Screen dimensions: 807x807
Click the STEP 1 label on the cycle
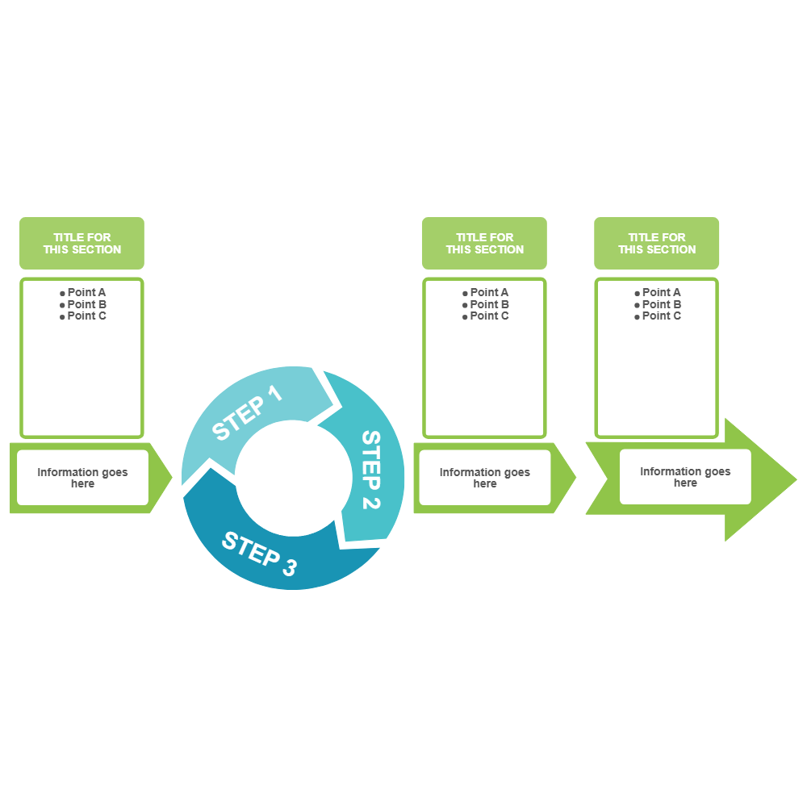(248, 413)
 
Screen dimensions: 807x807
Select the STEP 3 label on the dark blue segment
(259, 554)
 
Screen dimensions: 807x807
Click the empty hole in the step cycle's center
(288, 476)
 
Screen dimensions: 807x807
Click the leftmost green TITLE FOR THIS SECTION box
(82, 243)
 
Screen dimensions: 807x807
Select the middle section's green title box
(484, 243)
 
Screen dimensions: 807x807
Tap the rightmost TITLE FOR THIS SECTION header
(657, 243)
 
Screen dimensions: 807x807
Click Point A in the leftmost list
(86, 292)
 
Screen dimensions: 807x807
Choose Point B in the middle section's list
(489, 304)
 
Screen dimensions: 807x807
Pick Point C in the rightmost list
(661, 316)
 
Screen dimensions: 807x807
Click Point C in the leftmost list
(86, 316)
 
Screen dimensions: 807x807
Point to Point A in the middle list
(489, 292)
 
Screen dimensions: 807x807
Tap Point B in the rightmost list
(661, 304)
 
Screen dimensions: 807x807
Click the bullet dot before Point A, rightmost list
(638, 293)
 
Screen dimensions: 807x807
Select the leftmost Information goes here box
(82, 478)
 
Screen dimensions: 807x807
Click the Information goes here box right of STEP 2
(484, 478)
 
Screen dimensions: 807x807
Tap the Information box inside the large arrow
(685, 477)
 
